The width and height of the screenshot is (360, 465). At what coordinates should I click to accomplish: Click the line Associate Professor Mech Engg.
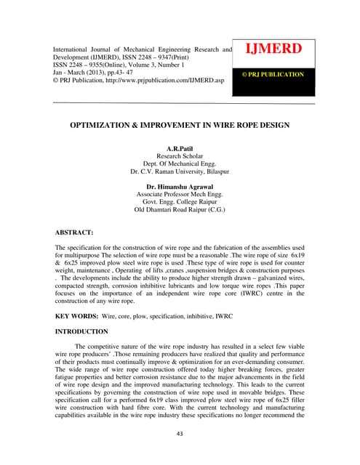[x=179, y=195]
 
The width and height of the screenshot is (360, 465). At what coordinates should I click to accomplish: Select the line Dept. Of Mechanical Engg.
[x=179, y=164]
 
